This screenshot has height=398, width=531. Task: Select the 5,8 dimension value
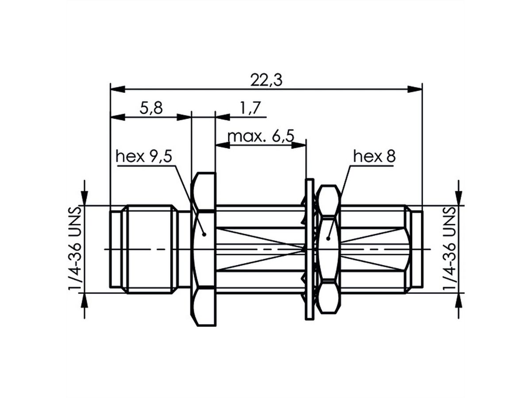coord(151,108)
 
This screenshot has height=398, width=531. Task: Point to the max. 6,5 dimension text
coord(261,135)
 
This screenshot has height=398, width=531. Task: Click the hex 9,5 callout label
coord(144,157)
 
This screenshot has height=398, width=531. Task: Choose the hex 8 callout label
coord(374,156)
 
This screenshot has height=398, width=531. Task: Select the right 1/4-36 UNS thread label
coord(450,249)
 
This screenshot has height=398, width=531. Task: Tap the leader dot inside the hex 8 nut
coord(328,239)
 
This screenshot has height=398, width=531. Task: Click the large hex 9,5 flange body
coord(204,265)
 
